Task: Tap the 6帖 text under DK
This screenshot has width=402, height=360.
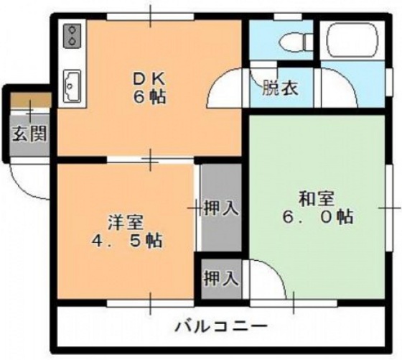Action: [149, 97]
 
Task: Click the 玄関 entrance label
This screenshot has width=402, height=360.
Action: [29, 134]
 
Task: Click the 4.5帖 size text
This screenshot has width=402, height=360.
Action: [126, 239]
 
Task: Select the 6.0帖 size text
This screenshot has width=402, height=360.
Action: [317, 216]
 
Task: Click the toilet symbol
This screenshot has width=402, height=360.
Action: [294, 42]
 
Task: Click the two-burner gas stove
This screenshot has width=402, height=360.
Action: [73, 36]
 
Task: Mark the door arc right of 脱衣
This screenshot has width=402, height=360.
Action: [337, 90]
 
